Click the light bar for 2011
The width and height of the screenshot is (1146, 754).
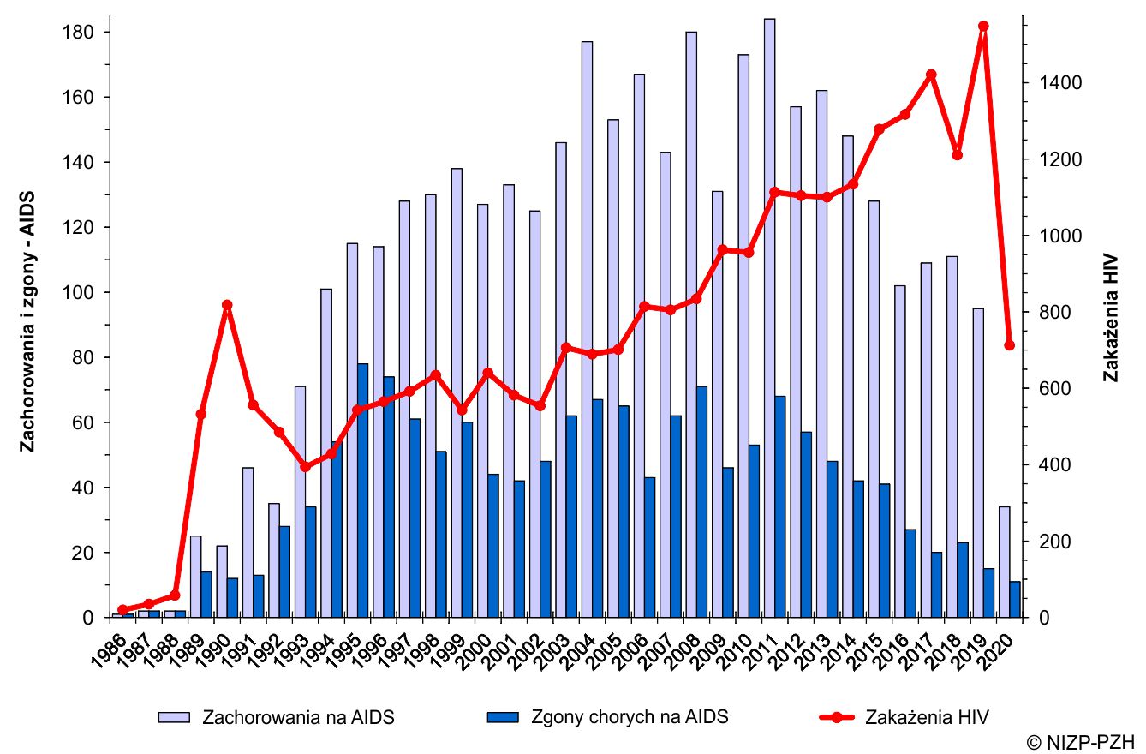click(x=769, y=317)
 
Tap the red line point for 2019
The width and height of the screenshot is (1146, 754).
click(x=983, y=27)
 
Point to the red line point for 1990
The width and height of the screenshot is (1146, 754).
click(x=227, y=305)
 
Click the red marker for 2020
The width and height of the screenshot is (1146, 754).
click(x=1009, y=345)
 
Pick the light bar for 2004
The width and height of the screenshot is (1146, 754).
click(x=587, y=329)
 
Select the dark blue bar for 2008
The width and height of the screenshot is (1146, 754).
click(x=702, y=501)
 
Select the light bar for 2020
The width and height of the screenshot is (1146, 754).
click(x=1004, y=561)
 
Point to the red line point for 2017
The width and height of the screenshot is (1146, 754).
click(x=931, y=75)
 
